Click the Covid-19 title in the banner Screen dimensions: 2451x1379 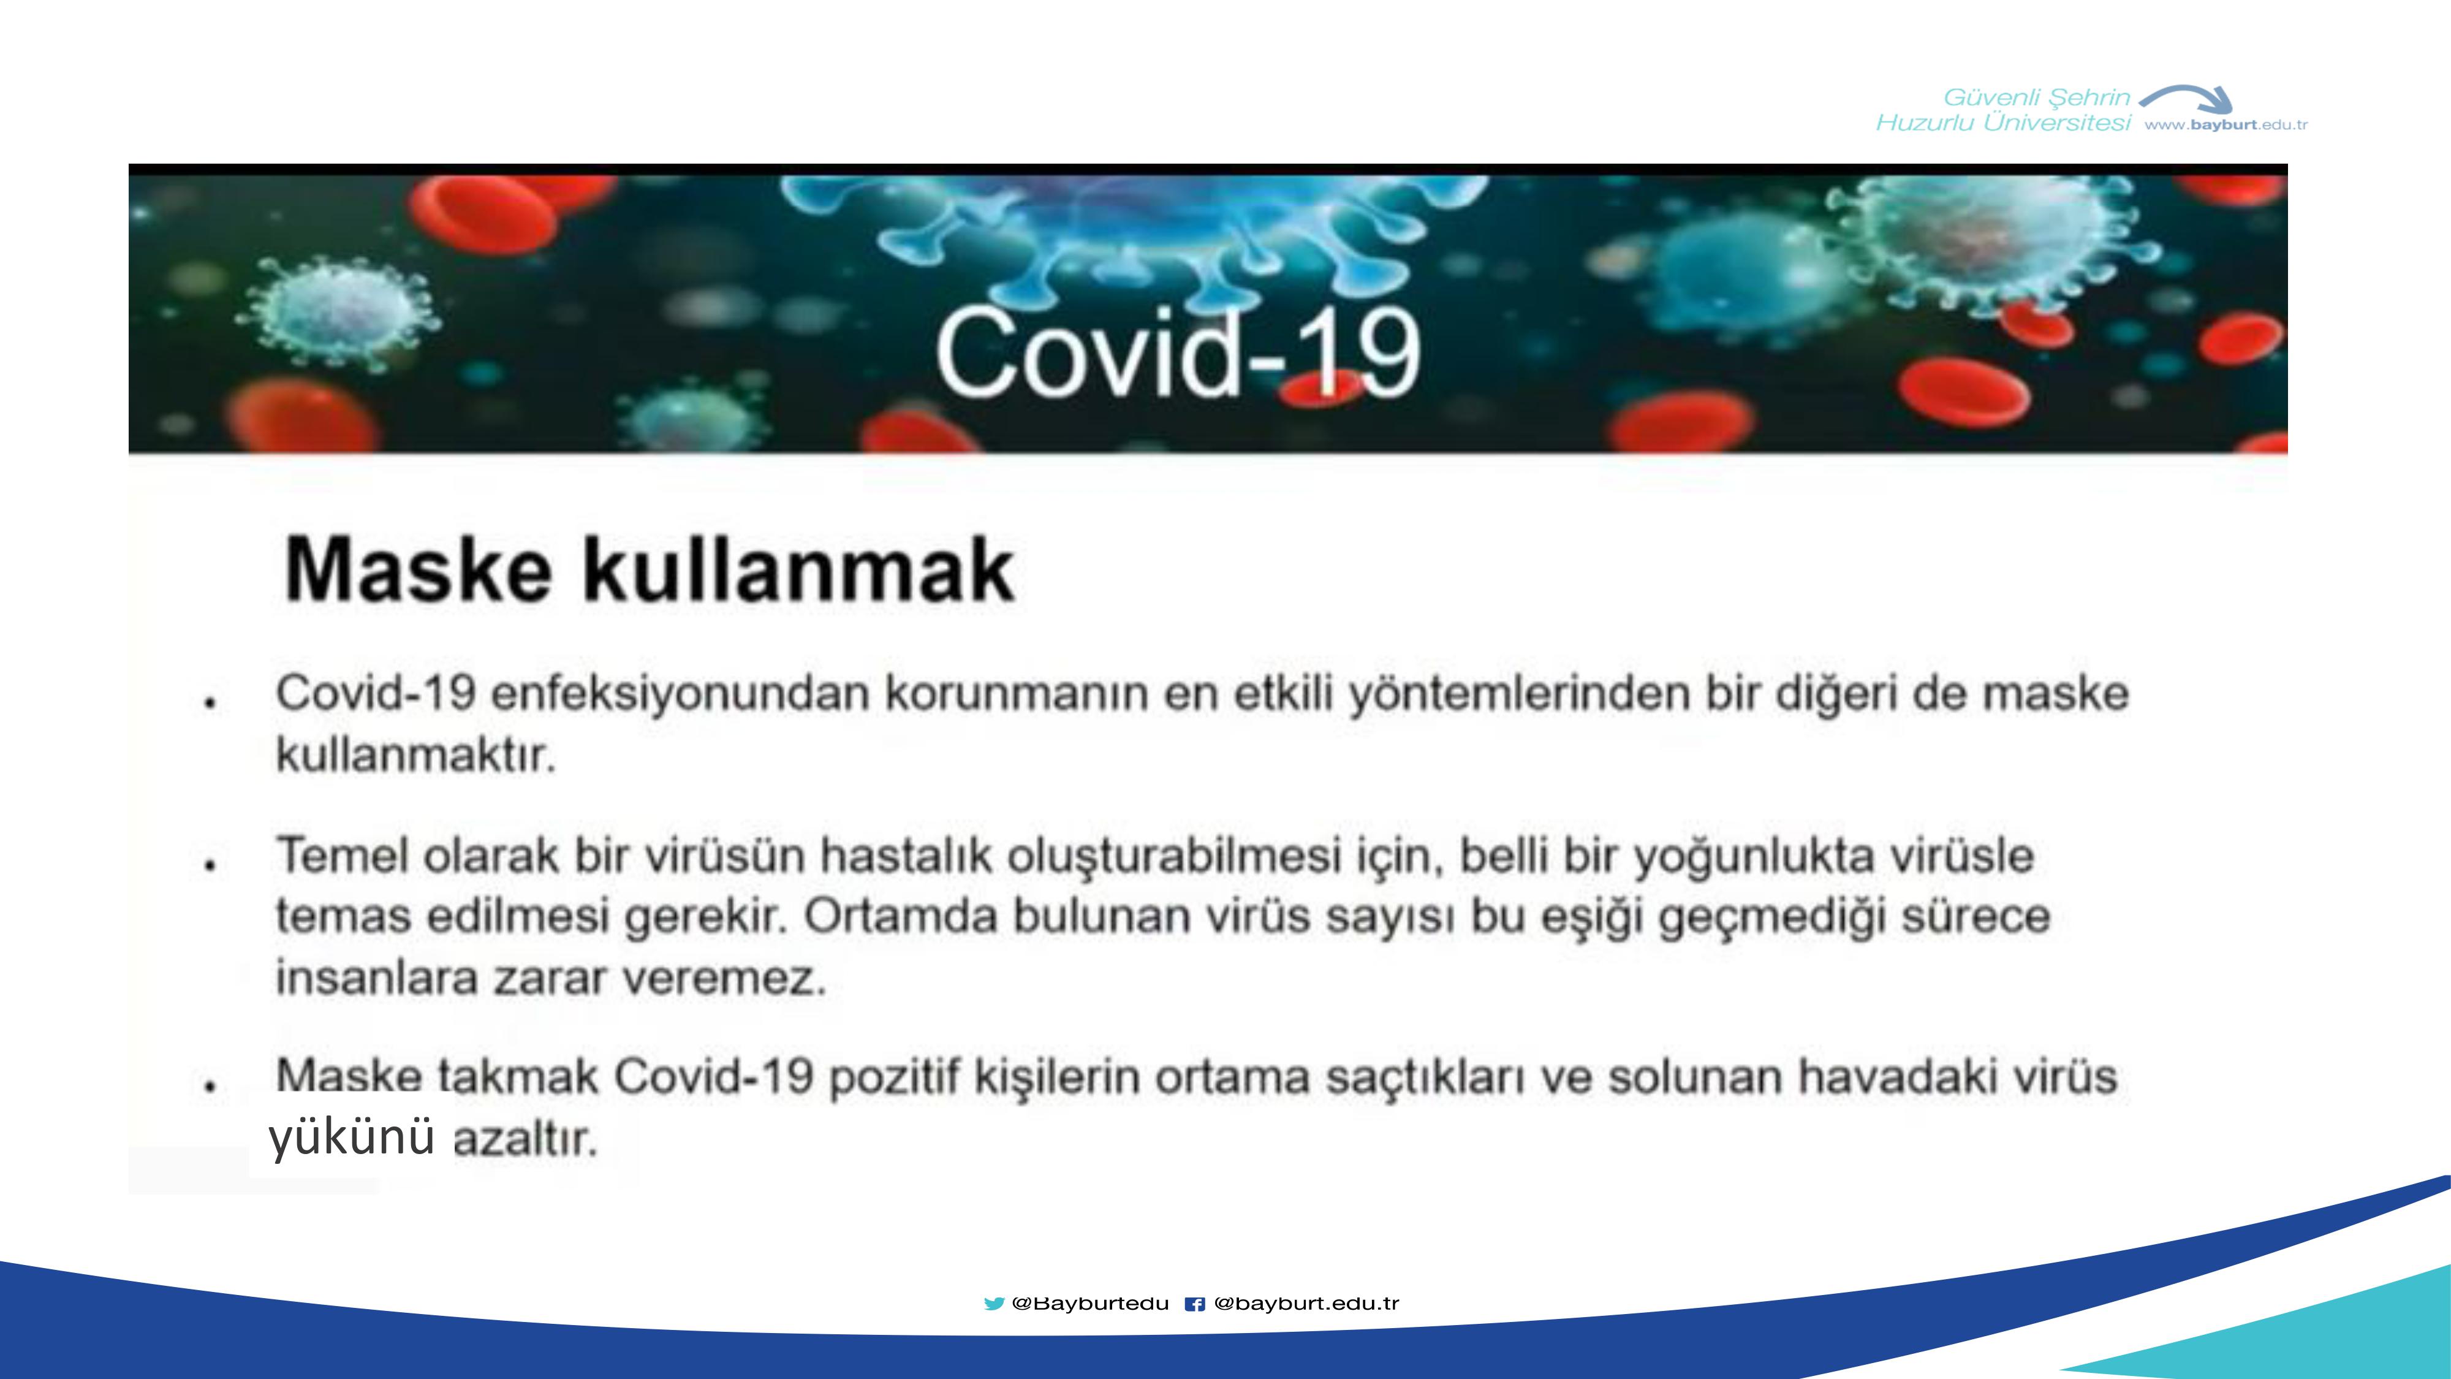click(x=1178, y=352)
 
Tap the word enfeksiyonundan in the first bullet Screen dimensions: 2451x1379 click(x=680, y=693)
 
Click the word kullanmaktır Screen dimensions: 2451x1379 click(x=416, y=756)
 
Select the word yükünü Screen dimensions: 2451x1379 click(x=352, y=1136)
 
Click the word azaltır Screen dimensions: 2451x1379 click(x=525, y=1138)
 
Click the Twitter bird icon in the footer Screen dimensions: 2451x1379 click(x=994, y=1304)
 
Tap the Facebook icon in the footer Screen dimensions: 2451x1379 click(x=1195, y=1304)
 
